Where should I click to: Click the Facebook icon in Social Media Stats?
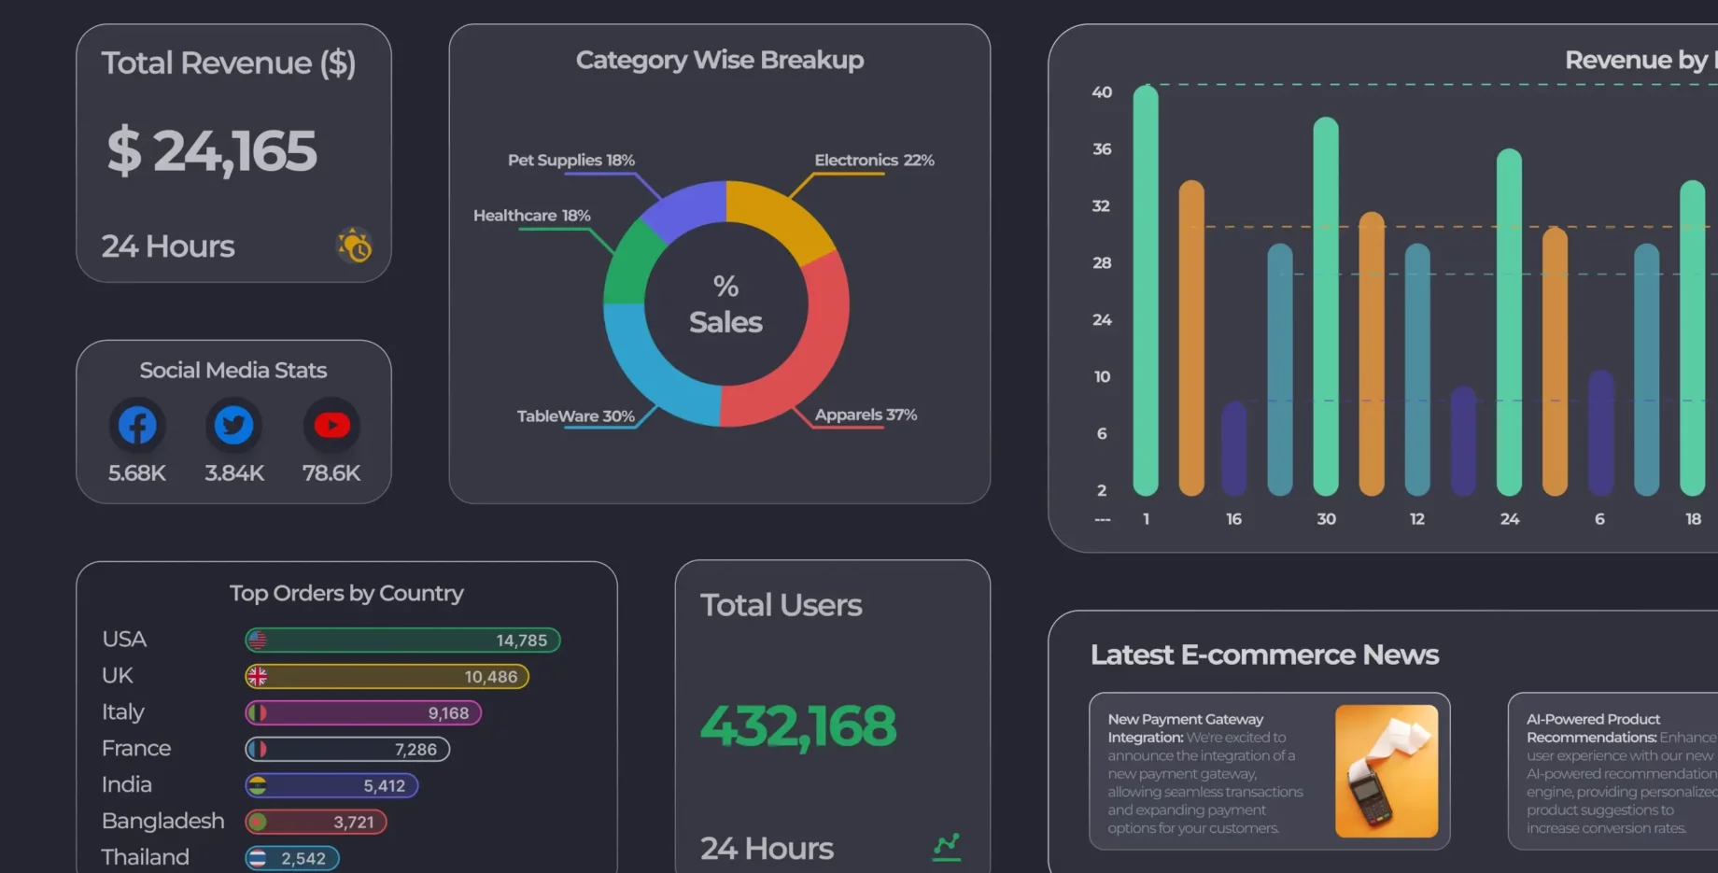(x=137, y=426)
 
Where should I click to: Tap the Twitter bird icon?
(x=233, y=426)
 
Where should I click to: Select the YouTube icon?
(x=331, y=426)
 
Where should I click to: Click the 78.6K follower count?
(x=331, y=473)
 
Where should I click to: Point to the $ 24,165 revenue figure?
(x=212, y=151)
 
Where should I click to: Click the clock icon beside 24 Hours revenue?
(x=355, y=246)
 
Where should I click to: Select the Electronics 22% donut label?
(x=874, y=161)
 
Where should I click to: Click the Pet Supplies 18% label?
(x=570, y=161)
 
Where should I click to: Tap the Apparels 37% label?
(x=866, y=415)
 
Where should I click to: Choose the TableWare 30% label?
(x=575, y=416)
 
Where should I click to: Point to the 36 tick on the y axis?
(x=1102, y=149)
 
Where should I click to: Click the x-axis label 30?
(x=1326, y=519)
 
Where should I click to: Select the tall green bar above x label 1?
(x=1146, y=289)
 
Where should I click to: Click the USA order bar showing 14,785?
(x=402, y=641)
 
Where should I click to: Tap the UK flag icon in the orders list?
(x=258, y=677)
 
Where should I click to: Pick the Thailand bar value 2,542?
(x=303, y=859)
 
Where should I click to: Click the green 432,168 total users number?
(x=798, y=726)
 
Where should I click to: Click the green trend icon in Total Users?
(x=947, y=847)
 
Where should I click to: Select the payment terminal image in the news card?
(x=1386, y=771)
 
